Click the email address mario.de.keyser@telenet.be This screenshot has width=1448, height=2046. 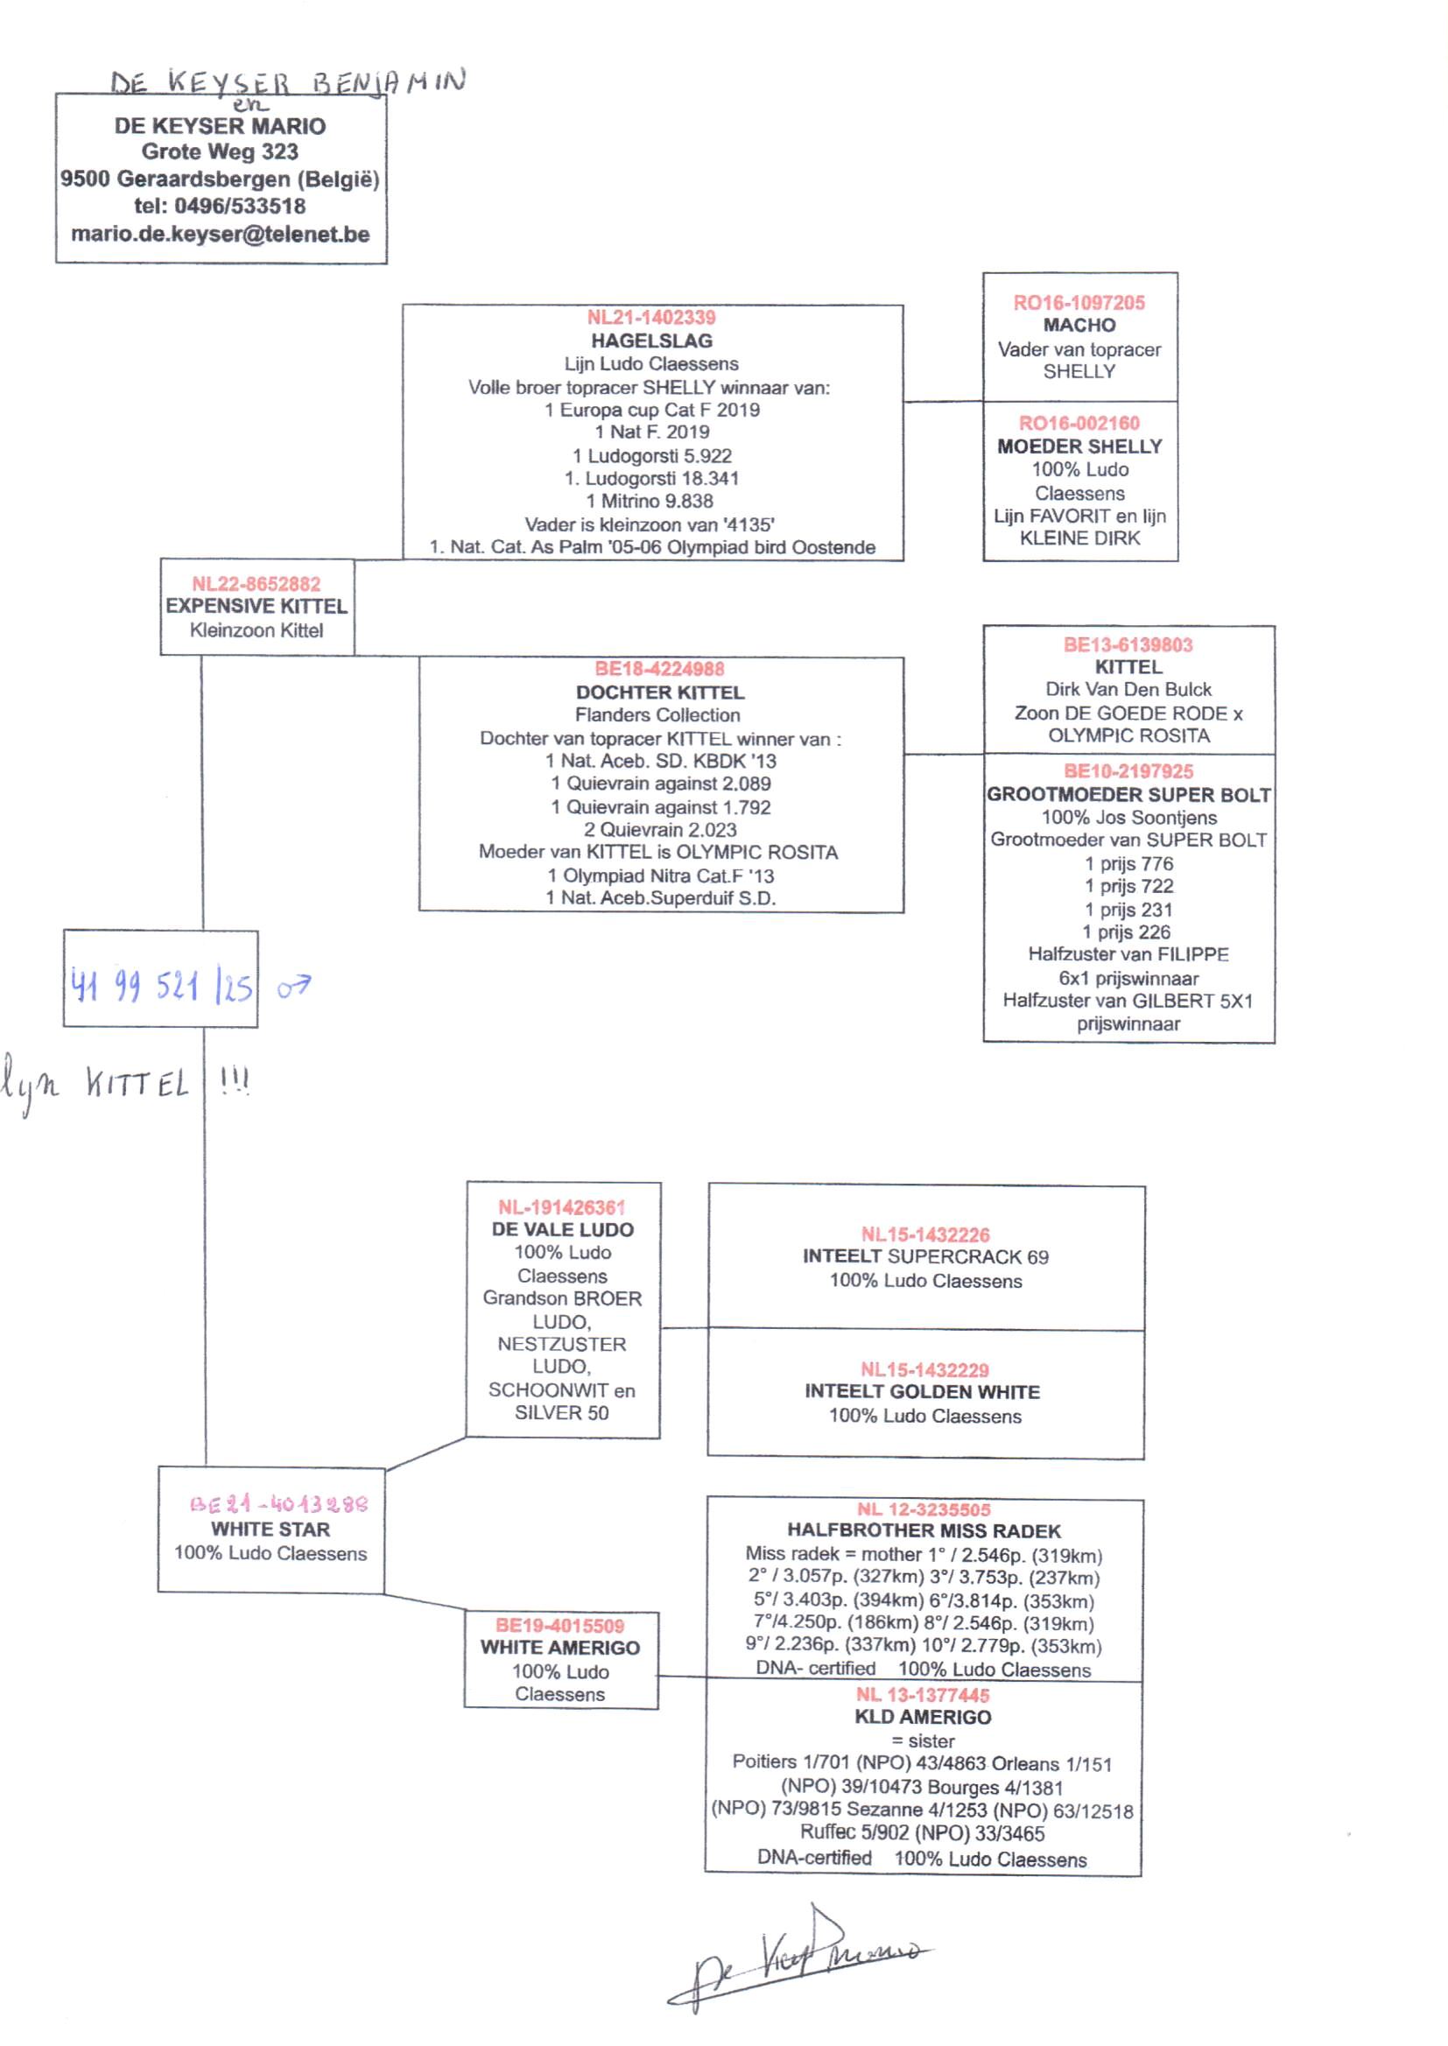pyautogui.click(x=221, y=235)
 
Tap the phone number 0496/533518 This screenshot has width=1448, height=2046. pyautogui.click(x=240, y=206)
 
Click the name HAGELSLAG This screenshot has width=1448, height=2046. pyautogui.click(x=652, y=341)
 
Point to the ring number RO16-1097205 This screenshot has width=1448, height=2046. pyautogui.click(x=1079, y=302)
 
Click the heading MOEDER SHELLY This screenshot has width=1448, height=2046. pyautogui.click(x=1079, y=446)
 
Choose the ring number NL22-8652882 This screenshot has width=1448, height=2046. pyautogui.click(x=256, y=584)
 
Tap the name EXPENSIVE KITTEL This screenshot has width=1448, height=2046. pyautogui.click(x=256, y=606)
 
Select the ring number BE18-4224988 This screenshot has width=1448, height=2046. pyautogui.click(x=660, y=669)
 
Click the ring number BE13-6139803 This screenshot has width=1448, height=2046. pyautogui.click(x=1128, y=644)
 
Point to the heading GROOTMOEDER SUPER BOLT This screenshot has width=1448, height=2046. pyautogui.click(x=1128, y=794)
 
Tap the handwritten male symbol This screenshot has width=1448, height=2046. pyautogui.click(x=293, y=986)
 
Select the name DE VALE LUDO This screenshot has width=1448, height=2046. pyautogui.click(x=563, y=1229)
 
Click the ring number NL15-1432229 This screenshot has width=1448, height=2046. pyautogui.click(x=924, y=1369)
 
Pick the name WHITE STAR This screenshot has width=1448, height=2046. pyautogui.click(x=271, y=1529)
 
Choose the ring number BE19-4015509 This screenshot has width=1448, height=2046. pyautogui.click(x=560, y=1625)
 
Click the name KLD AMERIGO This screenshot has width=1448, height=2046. pyautogui.click(x=923, y=1717)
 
